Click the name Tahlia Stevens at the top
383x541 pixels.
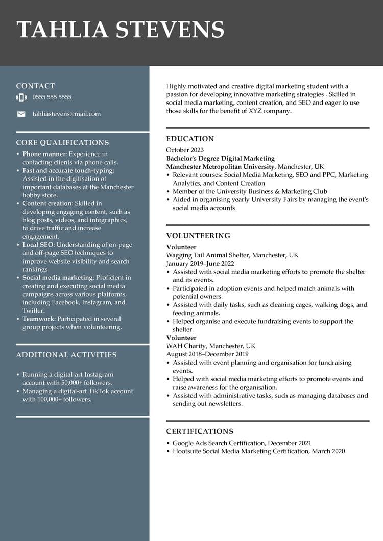click(x=121, y=30)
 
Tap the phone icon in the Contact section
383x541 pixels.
click(x=21, y=97)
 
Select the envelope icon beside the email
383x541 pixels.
click(x=21, y=114)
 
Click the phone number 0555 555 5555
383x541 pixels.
click(x=52, y=97)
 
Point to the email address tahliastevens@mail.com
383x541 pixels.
click(x=66, y=114)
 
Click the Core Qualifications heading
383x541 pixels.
click(x=62, y=143)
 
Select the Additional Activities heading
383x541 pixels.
click(x=66, y=355)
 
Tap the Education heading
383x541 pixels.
click(x=190, y=139)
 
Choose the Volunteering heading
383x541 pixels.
click(x=198, y=236)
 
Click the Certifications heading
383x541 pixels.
click(x=200, y=431)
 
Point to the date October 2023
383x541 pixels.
click(x=185, y=150)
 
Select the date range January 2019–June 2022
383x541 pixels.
click(x=200, y=264)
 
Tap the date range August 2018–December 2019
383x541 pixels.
click(x=207, y=354)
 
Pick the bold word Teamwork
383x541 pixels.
click(x=38, y=319)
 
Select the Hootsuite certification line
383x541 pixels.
click(x=258, y=451)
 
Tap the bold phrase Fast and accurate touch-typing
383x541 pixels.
click(x=68, y=171)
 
